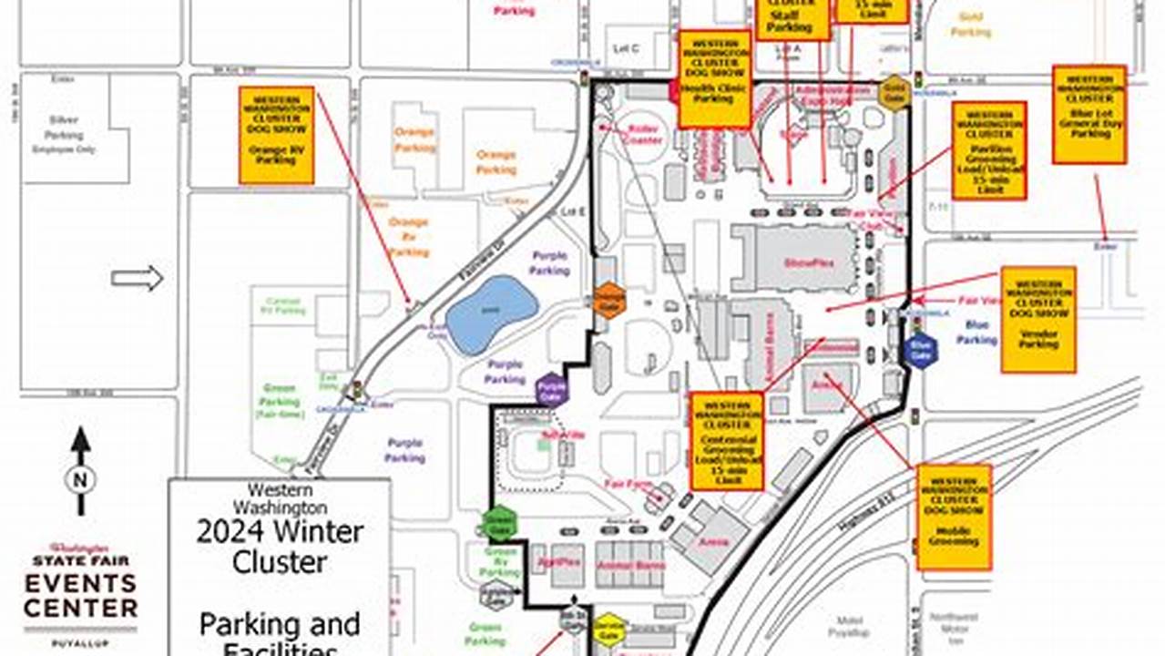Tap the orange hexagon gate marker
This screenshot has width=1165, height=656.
click(x=609, y=300)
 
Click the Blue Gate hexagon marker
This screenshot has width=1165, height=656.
click(x=920, y=349)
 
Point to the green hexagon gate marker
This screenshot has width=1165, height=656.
click(x=500, y=523)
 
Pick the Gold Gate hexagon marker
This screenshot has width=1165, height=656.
click(x=894, y=93)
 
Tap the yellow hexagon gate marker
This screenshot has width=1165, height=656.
click(x=608, y=630)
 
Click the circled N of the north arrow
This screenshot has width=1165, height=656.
click(x=80, y=477)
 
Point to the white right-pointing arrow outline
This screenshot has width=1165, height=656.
click(x=137, y=278)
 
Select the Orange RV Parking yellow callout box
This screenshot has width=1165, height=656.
click(x=277, y=135)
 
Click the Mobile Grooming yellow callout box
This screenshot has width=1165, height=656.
click(x=954, y=517)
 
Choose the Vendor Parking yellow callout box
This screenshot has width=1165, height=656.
click(x=1037, y=319)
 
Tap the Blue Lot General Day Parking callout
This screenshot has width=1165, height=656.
click(x=1088, y=114)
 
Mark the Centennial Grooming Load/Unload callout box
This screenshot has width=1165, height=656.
click(x=726, y=441)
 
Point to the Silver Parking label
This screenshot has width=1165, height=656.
click(x=63, y=128)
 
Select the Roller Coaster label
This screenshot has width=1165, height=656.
click(x=644, y=134)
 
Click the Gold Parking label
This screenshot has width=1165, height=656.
click(x=971, y=25)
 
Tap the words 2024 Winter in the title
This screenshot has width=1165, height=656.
click(x=280, y=531)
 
